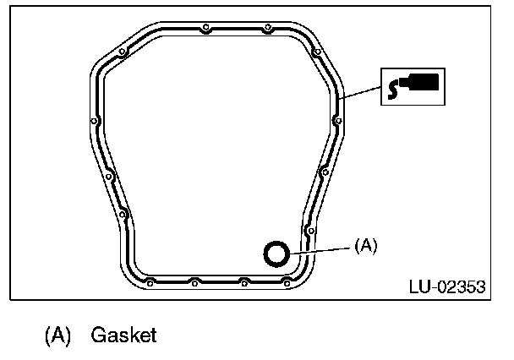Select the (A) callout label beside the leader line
coord(365,245)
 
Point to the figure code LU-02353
coord(446,286)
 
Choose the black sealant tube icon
coord(412,86)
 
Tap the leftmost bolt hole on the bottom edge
coord(147,281)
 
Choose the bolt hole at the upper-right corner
coord(318,52)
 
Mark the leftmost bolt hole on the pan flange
coord(92,129)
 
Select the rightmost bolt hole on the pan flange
coord(338,120)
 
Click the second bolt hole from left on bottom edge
coord(194,281)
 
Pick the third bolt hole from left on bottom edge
coord(243,281)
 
